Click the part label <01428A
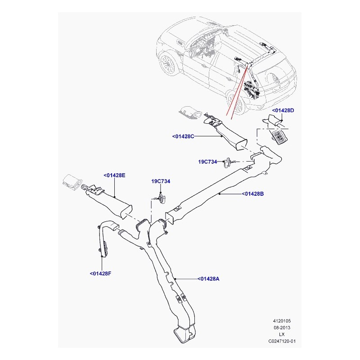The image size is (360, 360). (208, 279)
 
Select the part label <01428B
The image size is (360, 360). (252, 194)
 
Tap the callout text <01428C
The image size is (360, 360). (183, 136)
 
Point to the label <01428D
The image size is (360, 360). (283, 110)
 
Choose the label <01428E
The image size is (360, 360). (114, 175)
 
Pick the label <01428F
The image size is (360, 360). (100, 274)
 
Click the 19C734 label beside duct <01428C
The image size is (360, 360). (207, 162)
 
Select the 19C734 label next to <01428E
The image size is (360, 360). (161, 181)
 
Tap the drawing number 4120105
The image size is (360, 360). (282, 321)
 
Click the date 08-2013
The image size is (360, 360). (282, 328)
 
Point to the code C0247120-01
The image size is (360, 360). (282, 341)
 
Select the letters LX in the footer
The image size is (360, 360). (282, 334)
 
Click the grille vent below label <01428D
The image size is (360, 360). (279, 137)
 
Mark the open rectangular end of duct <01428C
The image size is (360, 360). (242, 145)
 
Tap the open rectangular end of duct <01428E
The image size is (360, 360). (126, 211)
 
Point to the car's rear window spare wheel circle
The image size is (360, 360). (274, 79)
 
